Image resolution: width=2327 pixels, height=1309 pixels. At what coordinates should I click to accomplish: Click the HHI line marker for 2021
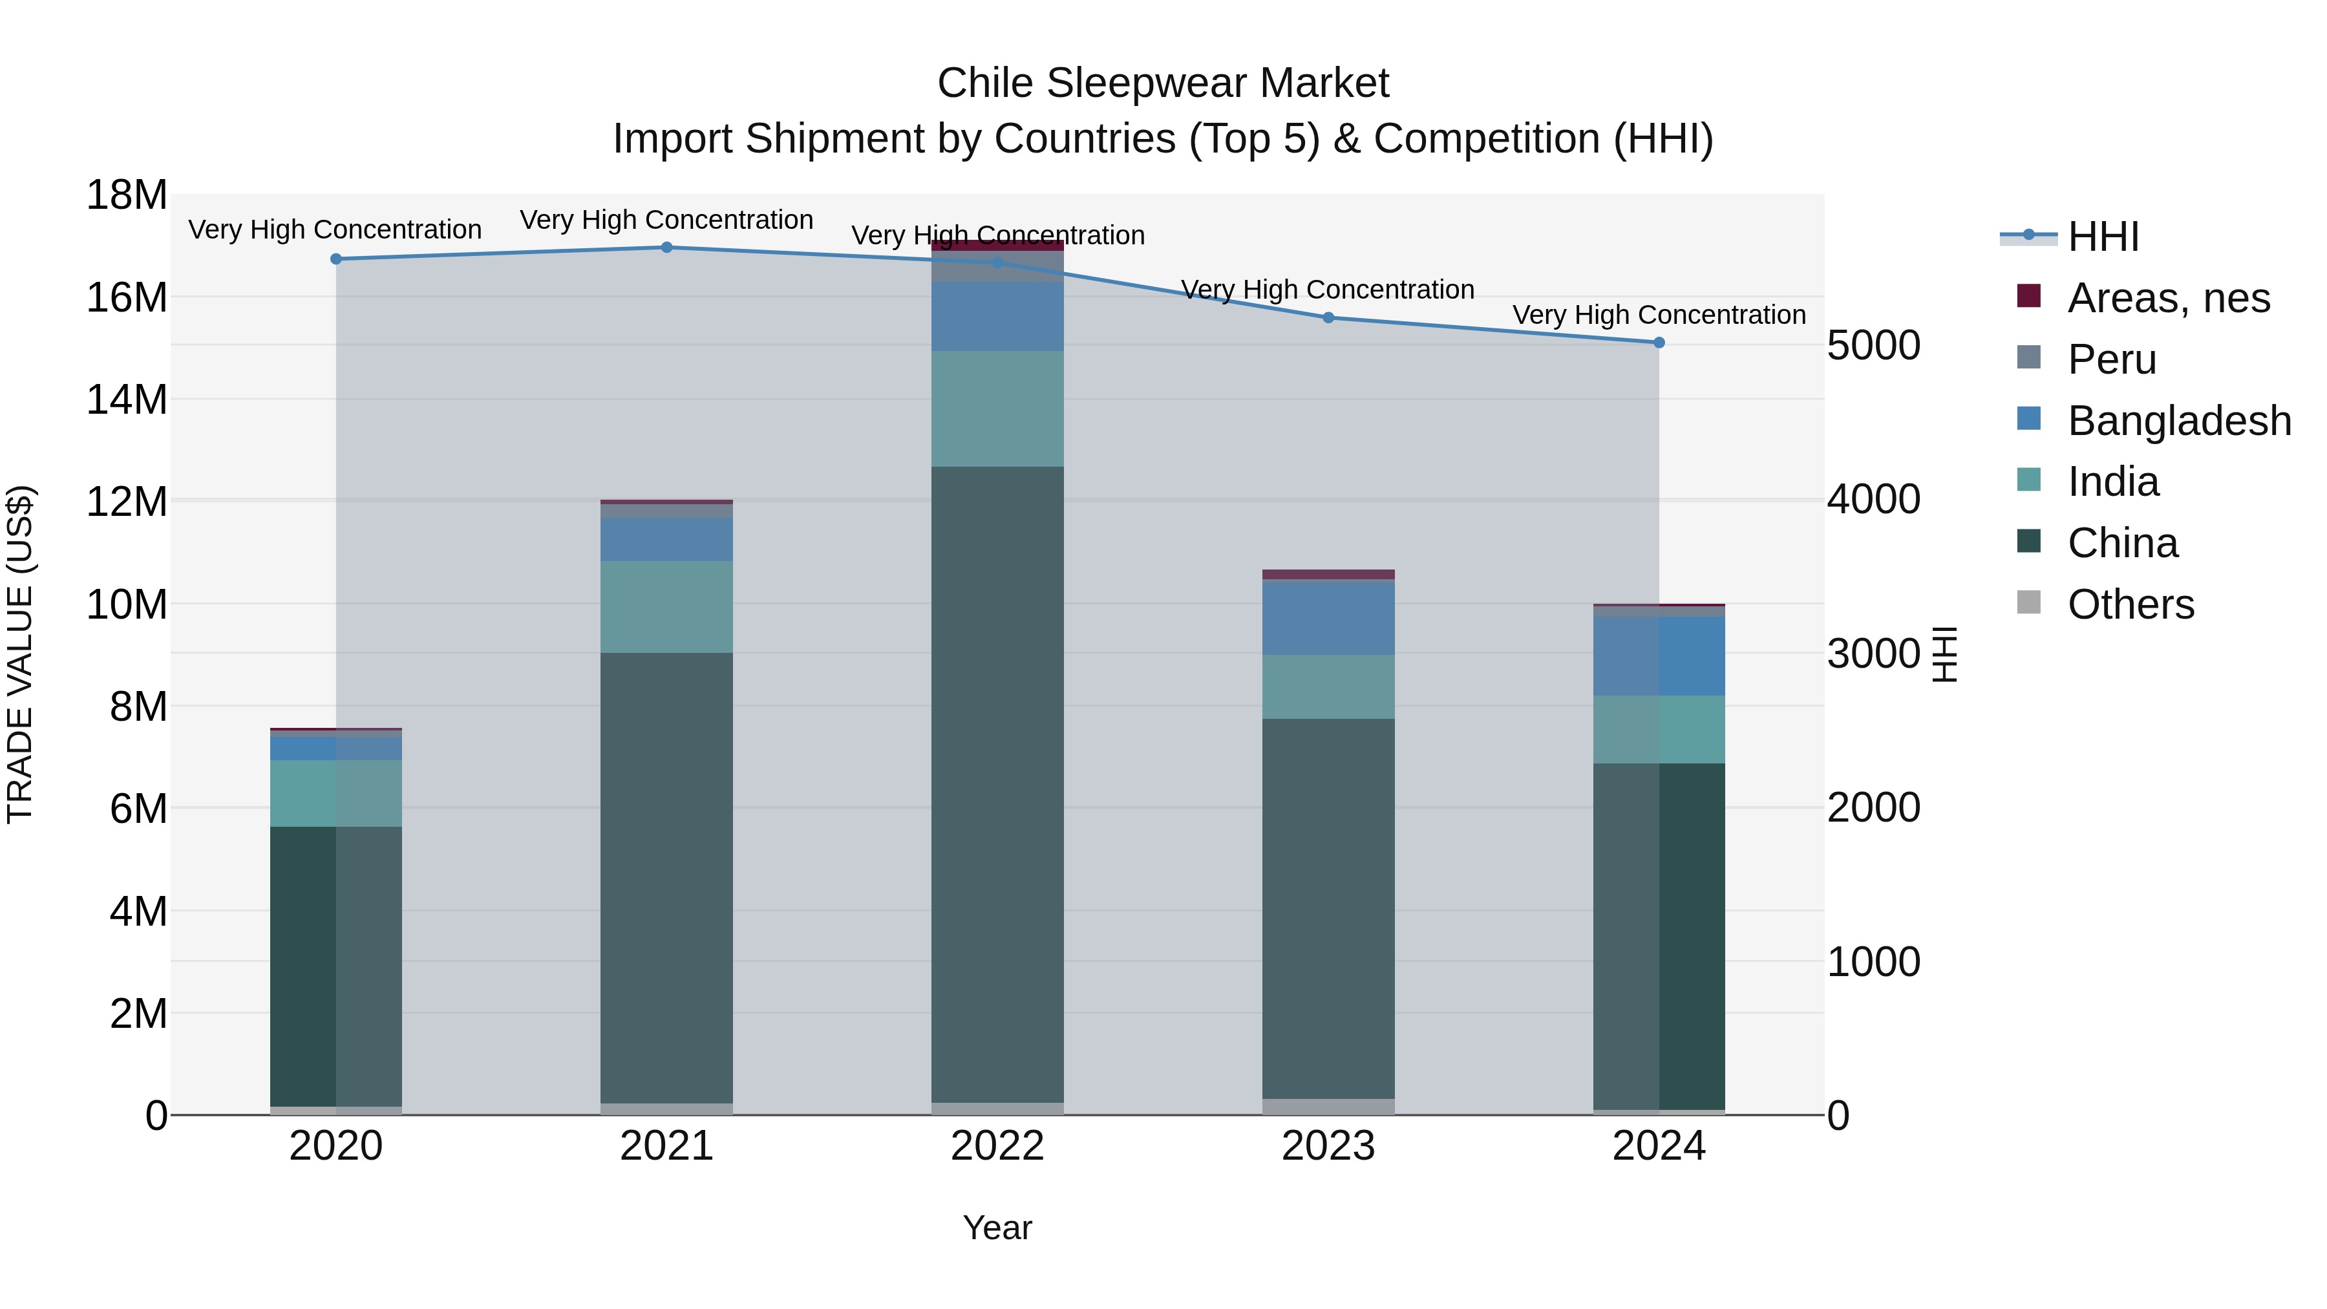pos(666,248)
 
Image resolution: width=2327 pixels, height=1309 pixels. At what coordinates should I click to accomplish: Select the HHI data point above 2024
pos(1659,343)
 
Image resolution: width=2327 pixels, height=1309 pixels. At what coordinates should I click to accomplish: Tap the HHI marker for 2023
pos(1328,318)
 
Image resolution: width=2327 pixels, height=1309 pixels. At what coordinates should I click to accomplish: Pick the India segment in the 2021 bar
pos(666,607)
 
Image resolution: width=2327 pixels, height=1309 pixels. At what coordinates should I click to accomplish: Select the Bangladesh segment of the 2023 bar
pos(1328,618)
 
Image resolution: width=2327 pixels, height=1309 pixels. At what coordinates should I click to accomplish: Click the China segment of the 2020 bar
pos(336,966)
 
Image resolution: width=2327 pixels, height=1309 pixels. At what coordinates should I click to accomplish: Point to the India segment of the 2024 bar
pos(1659,730)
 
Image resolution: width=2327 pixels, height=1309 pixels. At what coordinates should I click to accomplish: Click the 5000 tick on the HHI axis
pos(1873,345)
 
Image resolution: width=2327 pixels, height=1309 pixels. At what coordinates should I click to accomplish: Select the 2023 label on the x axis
pos(1328,1146)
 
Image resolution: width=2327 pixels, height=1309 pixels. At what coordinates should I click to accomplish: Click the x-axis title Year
pos(997,1228)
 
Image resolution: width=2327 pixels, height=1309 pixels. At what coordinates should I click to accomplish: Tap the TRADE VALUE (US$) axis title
pos(20,654)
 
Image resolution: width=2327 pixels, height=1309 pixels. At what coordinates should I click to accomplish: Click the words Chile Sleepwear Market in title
pos(1163,83)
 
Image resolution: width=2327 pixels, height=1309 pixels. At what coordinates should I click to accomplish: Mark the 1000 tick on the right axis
pos(1873,962)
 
